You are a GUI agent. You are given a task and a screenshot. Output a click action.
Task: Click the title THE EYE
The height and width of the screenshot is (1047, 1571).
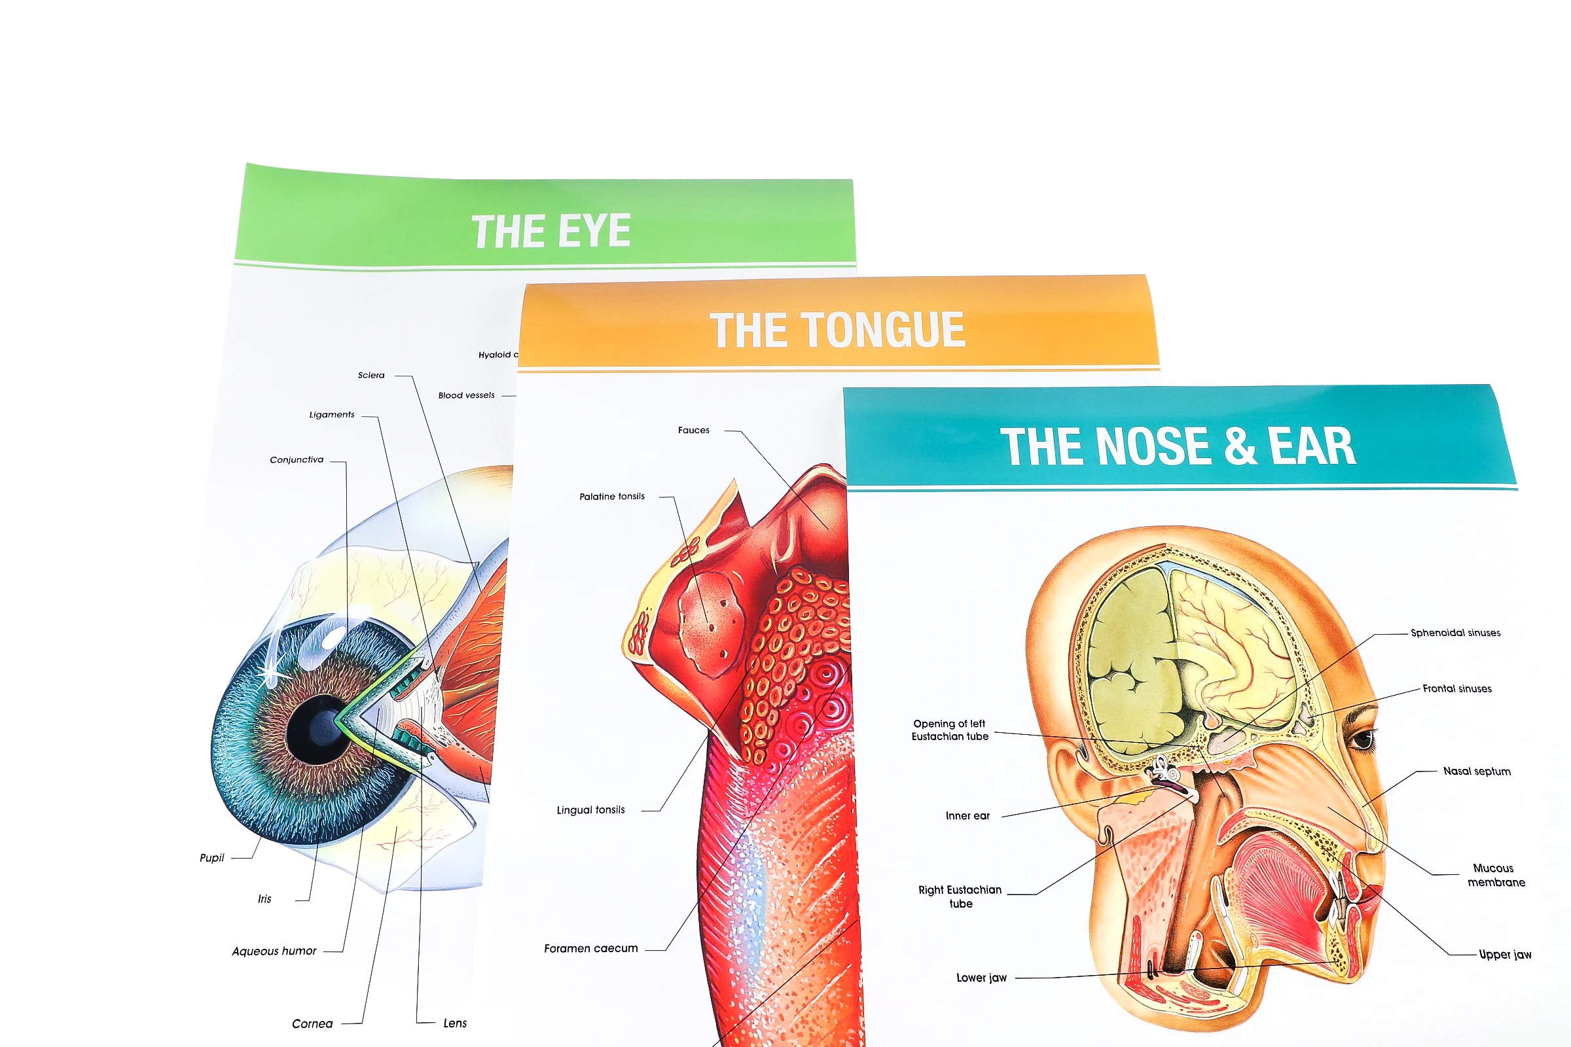551,231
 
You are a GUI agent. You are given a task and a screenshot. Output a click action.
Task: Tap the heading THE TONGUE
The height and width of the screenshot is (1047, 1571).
837,330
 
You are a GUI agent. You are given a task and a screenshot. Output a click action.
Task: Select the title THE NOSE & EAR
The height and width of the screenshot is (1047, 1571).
1178,446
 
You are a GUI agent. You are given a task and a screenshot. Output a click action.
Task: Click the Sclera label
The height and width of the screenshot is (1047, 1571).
370,375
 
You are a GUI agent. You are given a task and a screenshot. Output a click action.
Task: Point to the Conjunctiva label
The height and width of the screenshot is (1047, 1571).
297,460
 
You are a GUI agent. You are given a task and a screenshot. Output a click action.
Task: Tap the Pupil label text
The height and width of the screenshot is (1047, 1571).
211,858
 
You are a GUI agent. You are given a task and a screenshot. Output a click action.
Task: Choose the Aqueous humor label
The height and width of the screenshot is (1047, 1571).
274,951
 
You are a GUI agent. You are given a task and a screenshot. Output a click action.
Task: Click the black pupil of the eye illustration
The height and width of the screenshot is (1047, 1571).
318,730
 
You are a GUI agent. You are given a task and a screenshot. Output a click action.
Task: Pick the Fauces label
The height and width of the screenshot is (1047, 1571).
693,431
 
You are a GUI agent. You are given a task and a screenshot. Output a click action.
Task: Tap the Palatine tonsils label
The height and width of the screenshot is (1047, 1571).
612,497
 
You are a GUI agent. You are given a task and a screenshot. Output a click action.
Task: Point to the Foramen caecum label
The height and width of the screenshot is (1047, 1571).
590,949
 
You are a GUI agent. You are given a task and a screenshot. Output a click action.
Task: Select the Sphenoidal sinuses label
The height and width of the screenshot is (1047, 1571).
1455,633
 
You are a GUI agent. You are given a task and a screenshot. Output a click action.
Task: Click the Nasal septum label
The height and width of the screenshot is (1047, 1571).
1477,772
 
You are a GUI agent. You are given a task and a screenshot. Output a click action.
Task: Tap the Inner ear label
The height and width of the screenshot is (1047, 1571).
967,816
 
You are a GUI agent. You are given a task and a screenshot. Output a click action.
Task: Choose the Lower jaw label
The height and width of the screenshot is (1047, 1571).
981,978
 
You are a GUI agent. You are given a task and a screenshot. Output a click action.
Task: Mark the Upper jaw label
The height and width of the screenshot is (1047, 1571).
1505,955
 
